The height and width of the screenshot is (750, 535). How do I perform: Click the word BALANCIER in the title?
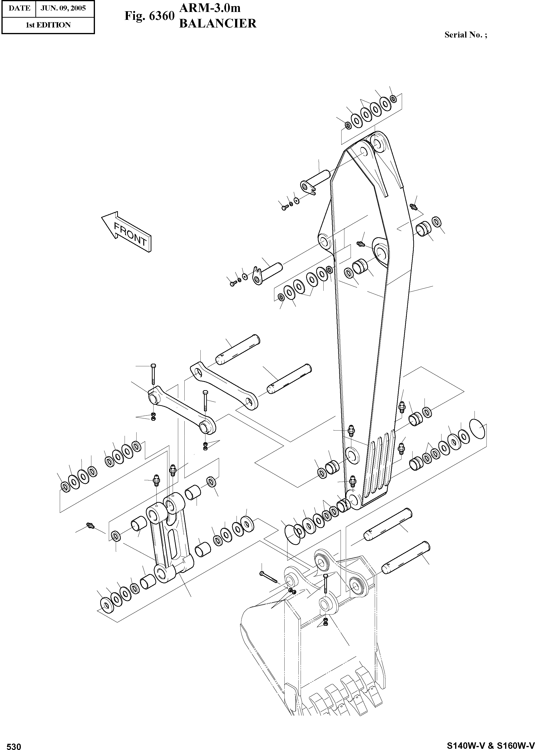[x=217, y=24]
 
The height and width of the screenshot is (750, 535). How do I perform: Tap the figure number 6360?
[x=161, y=16]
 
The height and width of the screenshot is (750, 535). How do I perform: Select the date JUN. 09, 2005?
[x=63, y=8]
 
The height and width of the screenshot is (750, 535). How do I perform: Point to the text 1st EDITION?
[x=48, y=25]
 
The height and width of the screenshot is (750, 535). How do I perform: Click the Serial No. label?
[x=465, y=35]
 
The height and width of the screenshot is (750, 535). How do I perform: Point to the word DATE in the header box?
[x=19, y=8]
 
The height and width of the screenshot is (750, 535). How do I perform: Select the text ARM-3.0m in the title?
[x=210, y=8]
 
